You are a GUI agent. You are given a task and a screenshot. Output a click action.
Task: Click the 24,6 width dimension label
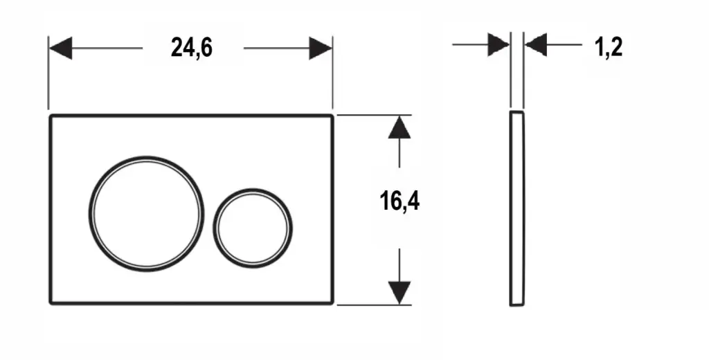pyautogui.click(x=191, y=48)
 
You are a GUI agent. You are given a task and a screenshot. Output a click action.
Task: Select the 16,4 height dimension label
pyautogui.click(x=400, y=201)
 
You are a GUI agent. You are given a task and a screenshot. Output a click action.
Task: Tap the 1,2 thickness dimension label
pyautogui.click(x=609, y=47)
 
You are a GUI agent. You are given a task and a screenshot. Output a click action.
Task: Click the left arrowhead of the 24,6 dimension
pyautogui.click(x=60, y=48)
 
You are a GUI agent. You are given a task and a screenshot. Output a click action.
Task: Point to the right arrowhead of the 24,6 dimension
pyautogui.click(x=321, y=48)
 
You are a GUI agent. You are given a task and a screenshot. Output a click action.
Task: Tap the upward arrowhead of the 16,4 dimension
pyautogui.click(x=400, y=127)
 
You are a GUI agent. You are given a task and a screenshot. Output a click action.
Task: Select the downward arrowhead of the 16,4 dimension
pyautogui.click(x=400, y=293)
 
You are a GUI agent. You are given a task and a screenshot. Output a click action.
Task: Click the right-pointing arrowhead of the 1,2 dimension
pyautogui.click(x=499, y=45)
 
